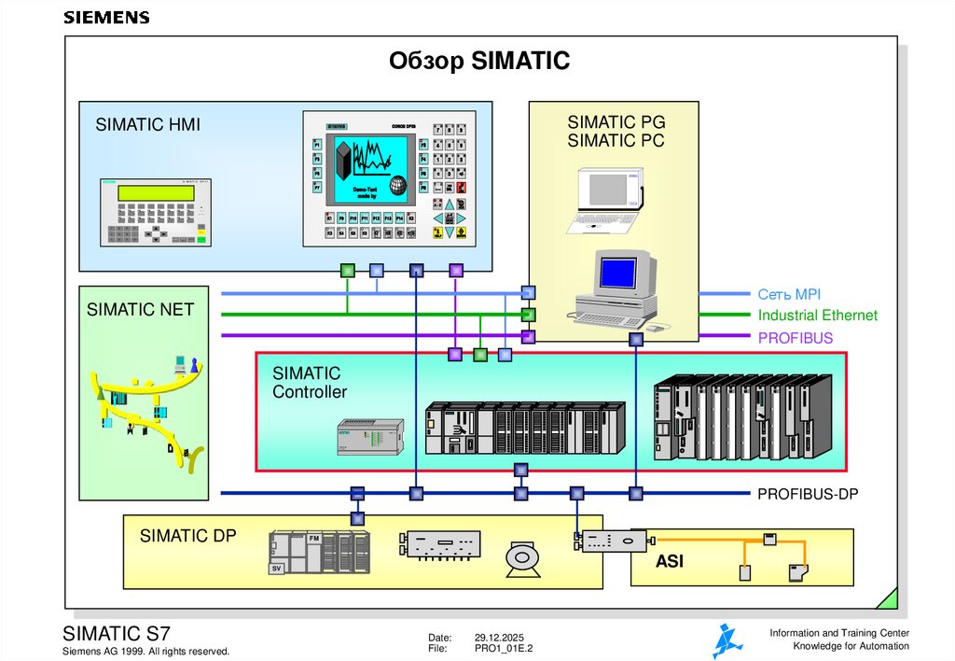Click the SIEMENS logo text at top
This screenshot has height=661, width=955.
click(105, 18)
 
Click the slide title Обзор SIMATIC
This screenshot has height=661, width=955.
click(478, 62)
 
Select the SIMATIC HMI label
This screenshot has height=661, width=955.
click(147, 125)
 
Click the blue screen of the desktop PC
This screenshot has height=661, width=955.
click(616, 272)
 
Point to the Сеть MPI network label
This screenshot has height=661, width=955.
click(789, 293)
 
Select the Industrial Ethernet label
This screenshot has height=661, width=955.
click(817, 316)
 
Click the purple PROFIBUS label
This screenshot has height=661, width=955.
click(795, 337)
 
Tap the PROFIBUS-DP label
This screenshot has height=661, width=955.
click(807, 494)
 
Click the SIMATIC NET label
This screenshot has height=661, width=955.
click(140, 309)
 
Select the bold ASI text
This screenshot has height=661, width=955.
click(669, 562)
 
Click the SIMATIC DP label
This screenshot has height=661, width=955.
click(187, 536)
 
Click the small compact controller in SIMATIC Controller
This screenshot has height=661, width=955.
click(369, 437)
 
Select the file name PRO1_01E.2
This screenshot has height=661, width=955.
click(504, 648)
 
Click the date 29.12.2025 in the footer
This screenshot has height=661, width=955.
click(503, 636)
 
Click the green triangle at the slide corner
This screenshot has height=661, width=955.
click(889, 599)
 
